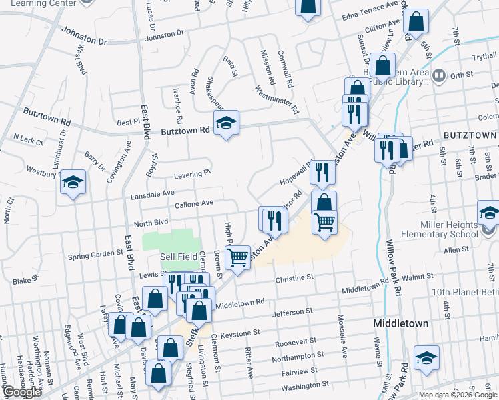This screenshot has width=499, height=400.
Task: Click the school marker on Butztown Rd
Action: coord(226,123)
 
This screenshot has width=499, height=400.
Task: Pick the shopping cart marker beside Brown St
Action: coord(237,257)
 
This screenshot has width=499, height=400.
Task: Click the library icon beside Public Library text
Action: coord(438,75)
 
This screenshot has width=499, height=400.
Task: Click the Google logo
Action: coord(22,392)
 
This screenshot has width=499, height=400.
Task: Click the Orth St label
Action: coord(461,75)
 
